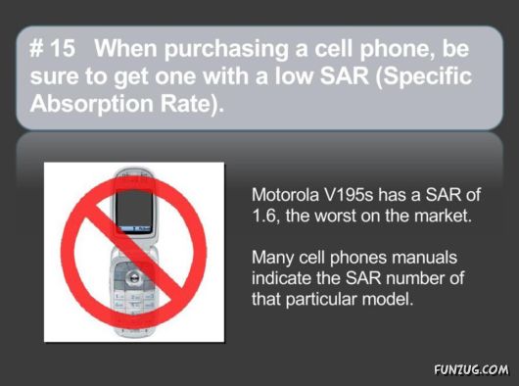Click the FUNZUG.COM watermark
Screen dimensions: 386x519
(471, 370)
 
